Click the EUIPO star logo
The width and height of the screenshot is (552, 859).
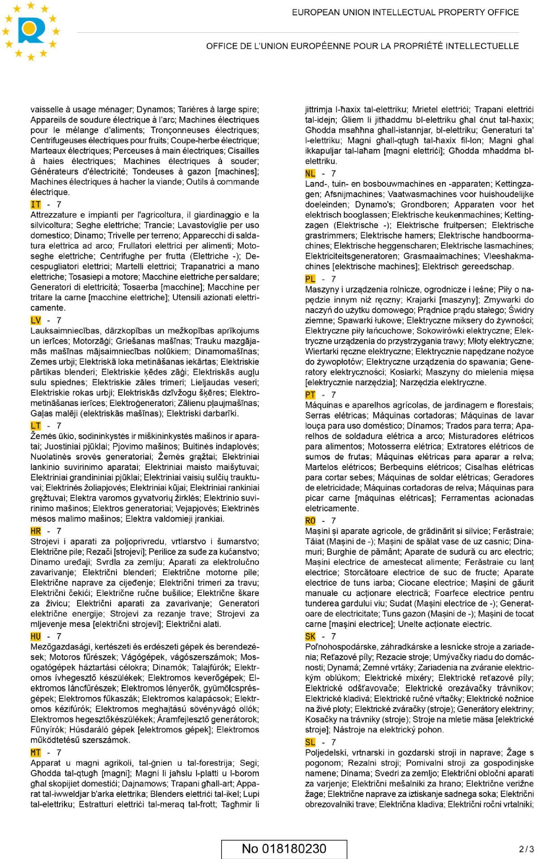pyautogui.click(x=30, y=30)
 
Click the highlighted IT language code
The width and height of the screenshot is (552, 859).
pyautogui.click(x=36, y=204)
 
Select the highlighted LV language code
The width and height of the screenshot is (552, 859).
pyautogui.click(x=36, y=320)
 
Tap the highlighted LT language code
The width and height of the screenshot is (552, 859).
pyautogui.click(x=36, y=426)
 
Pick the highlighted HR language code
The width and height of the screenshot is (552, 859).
pyautogui.click(x=36, y=531)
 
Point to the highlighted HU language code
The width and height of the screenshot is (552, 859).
pyautogui.click(x=36, y=637)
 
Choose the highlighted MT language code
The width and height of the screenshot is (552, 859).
pyautogui.click(x=36, y=753)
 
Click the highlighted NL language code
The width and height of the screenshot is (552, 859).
pyautogui.click(x=310, y=174)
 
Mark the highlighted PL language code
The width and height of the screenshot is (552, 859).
pyautogui.click(x=310, y=279)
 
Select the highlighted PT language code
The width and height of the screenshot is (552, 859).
pyautogui.click(x=310, y=395)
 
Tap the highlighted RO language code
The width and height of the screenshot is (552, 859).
pyautogui.click(x=310, y=521)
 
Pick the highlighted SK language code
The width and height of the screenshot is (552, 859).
pyautogui.click(x=310, y=637)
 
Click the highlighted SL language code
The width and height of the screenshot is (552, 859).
pyautogui.click(x=310, y=742)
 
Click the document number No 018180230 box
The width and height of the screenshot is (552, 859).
pyautogui.click(x=284, y=849)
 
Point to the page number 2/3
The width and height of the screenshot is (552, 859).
pyautogui.click(x=526, y=849)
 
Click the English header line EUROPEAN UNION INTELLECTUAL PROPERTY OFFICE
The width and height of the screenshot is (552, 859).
pyautogui.click(x=405, y=13)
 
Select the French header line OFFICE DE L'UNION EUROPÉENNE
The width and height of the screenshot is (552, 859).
pyautogui.click(x=362, y=46)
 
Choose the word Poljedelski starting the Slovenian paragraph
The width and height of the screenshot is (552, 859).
pyautogui.click(x=326, y=753)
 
